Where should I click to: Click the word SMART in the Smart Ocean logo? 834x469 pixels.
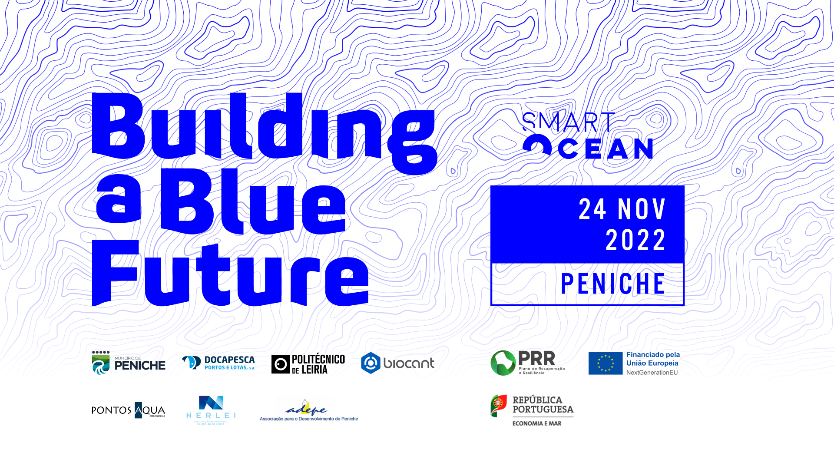[x=569, y=122]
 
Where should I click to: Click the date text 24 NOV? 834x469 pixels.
[x=622, y=209]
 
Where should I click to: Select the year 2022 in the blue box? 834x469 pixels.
[x=635, y=240]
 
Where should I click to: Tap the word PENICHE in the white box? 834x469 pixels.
[x=613, y=284]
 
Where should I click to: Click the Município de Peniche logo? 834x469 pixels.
[x=129, y=363]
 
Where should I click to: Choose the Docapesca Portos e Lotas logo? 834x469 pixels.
[x=218, y=363]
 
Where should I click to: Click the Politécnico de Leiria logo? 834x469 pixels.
[x=308, y=363]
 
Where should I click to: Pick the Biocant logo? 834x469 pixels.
[x=397, y=363]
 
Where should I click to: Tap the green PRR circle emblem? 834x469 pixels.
[x=503, y=363]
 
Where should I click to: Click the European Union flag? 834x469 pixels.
[x=605, y=363]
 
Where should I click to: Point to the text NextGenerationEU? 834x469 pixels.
[x=652, y=373]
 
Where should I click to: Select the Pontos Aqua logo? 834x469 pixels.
[x=129, y=410]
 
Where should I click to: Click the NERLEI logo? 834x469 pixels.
[x=211, y=410]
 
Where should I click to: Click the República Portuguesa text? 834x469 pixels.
[x=543, y=405]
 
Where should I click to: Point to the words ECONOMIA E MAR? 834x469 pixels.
[x=537, y=423]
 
